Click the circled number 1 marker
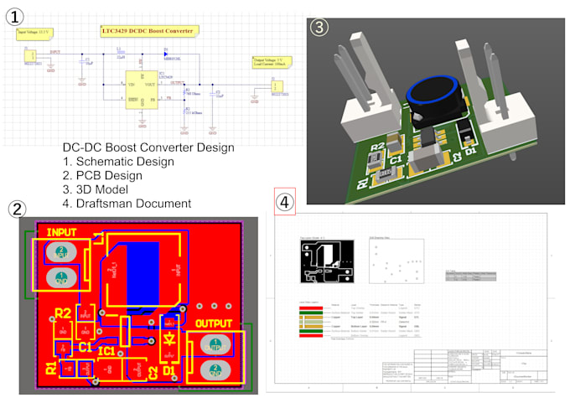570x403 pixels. click(x=15, y=14)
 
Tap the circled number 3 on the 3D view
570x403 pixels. click(x=319, y=27)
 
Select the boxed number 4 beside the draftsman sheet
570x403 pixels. click(x=285, y=202)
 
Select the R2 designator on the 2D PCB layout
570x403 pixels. click(x=62, y=314)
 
